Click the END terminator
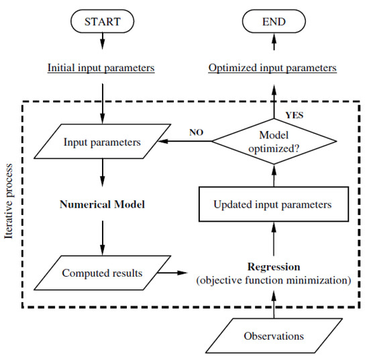coord(273,21)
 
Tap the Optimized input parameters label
coord(273,68)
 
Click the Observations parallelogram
coord(273,334)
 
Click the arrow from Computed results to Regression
coord(174,273)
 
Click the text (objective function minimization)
coord(273,280)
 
